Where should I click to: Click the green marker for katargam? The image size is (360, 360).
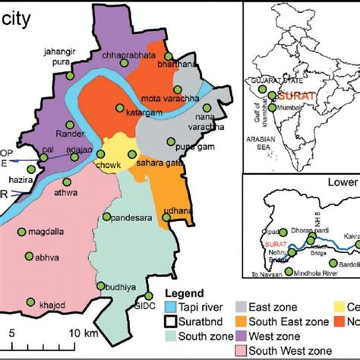(120, 108)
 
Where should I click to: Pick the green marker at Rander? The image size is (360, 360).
(70, 125)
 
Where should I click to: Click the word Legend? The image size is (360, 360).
(187, 293)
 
